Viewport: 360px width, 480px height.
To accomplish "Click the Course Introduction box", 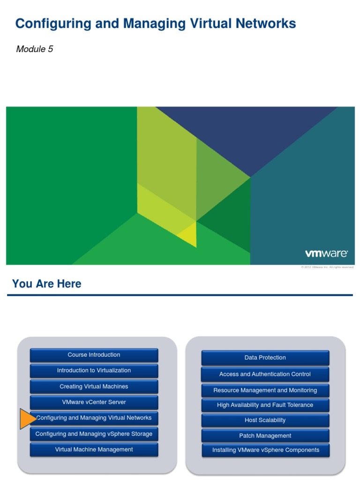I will pyautogui.click(x=94, y=355).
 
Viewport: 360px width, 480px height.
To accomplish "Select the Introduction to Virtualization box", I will pyautogui.click(x=94, y=371).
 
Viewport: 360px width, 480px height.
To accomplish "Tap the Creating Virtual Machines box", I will pyautogui.click(x=94, y=387).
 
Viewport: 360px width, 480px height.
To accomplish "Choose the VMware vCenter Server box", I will pyautogui.click(x=94, y=402).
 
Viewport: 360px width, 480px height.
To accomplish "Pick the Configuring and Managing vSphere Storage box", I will pyautogui.click(x=94, y=434).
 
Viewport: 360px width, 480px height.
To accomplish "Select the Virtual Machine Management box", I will pyautogui.click(x=94, y=450).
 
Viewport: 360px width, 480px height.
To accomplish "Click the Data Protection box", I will pyautogui.click(x=265, y=358).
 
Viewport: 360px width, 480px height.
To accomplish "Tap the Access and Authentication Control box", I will pyautogui.click(x=265, y=374).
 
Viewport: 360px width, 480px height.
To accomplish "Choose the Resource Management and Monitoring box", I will pyautogui.click(x=265, y=390).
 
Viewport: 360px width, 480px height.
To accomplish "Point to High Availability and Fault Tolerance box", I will pyautogui.click(x=265, y=405).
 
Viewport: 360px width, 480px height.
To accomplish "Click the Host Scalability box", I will pyautogui.click(x=265, y=420).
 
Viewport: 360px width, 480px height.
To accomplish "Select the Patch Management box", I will pyautogui.click(x=265, y=436).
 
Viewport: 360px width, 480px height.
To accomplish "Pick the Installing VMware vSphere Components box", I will pyautogui.click(x=265, y=450).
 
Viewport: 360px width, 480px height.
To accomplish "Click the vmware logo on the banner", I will pyautogui.click(x=326, y=254).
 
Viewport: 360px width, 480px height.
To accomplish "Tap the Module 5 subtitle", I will pyautogui.click(x=34, y=49).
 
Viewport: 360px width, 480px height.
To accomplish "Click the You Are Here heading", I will pyautogui.click(x=46, y=284).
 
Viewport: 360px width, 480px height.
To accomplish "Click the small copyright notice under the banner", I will pyautogui.click(x=327, y=267).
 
